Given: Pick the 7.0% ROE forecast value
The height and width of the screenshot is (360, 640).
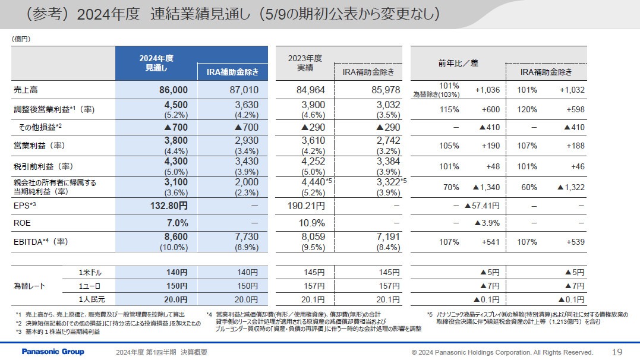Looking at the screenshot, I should [x=176, y=223].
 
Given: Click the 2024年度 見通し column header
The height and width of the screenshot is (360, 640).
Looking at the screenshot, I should [x=156, y=63].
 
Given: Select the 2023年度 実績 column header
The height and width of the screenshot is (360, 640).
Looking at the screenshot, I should [x=304, y=63].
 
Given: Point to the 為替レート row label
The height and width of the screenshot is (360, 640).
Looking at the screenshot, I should [x=30, y=286].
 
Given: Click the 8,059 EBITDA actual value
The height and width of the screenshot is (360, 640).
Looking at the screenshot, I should [x=310, y=237].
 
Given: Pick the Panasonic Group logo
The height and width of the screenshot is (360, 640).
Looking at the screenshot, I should [x=53, y=352].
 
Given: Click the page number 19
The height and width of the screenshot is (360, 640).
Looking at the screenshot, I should [x=617, y=352].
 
